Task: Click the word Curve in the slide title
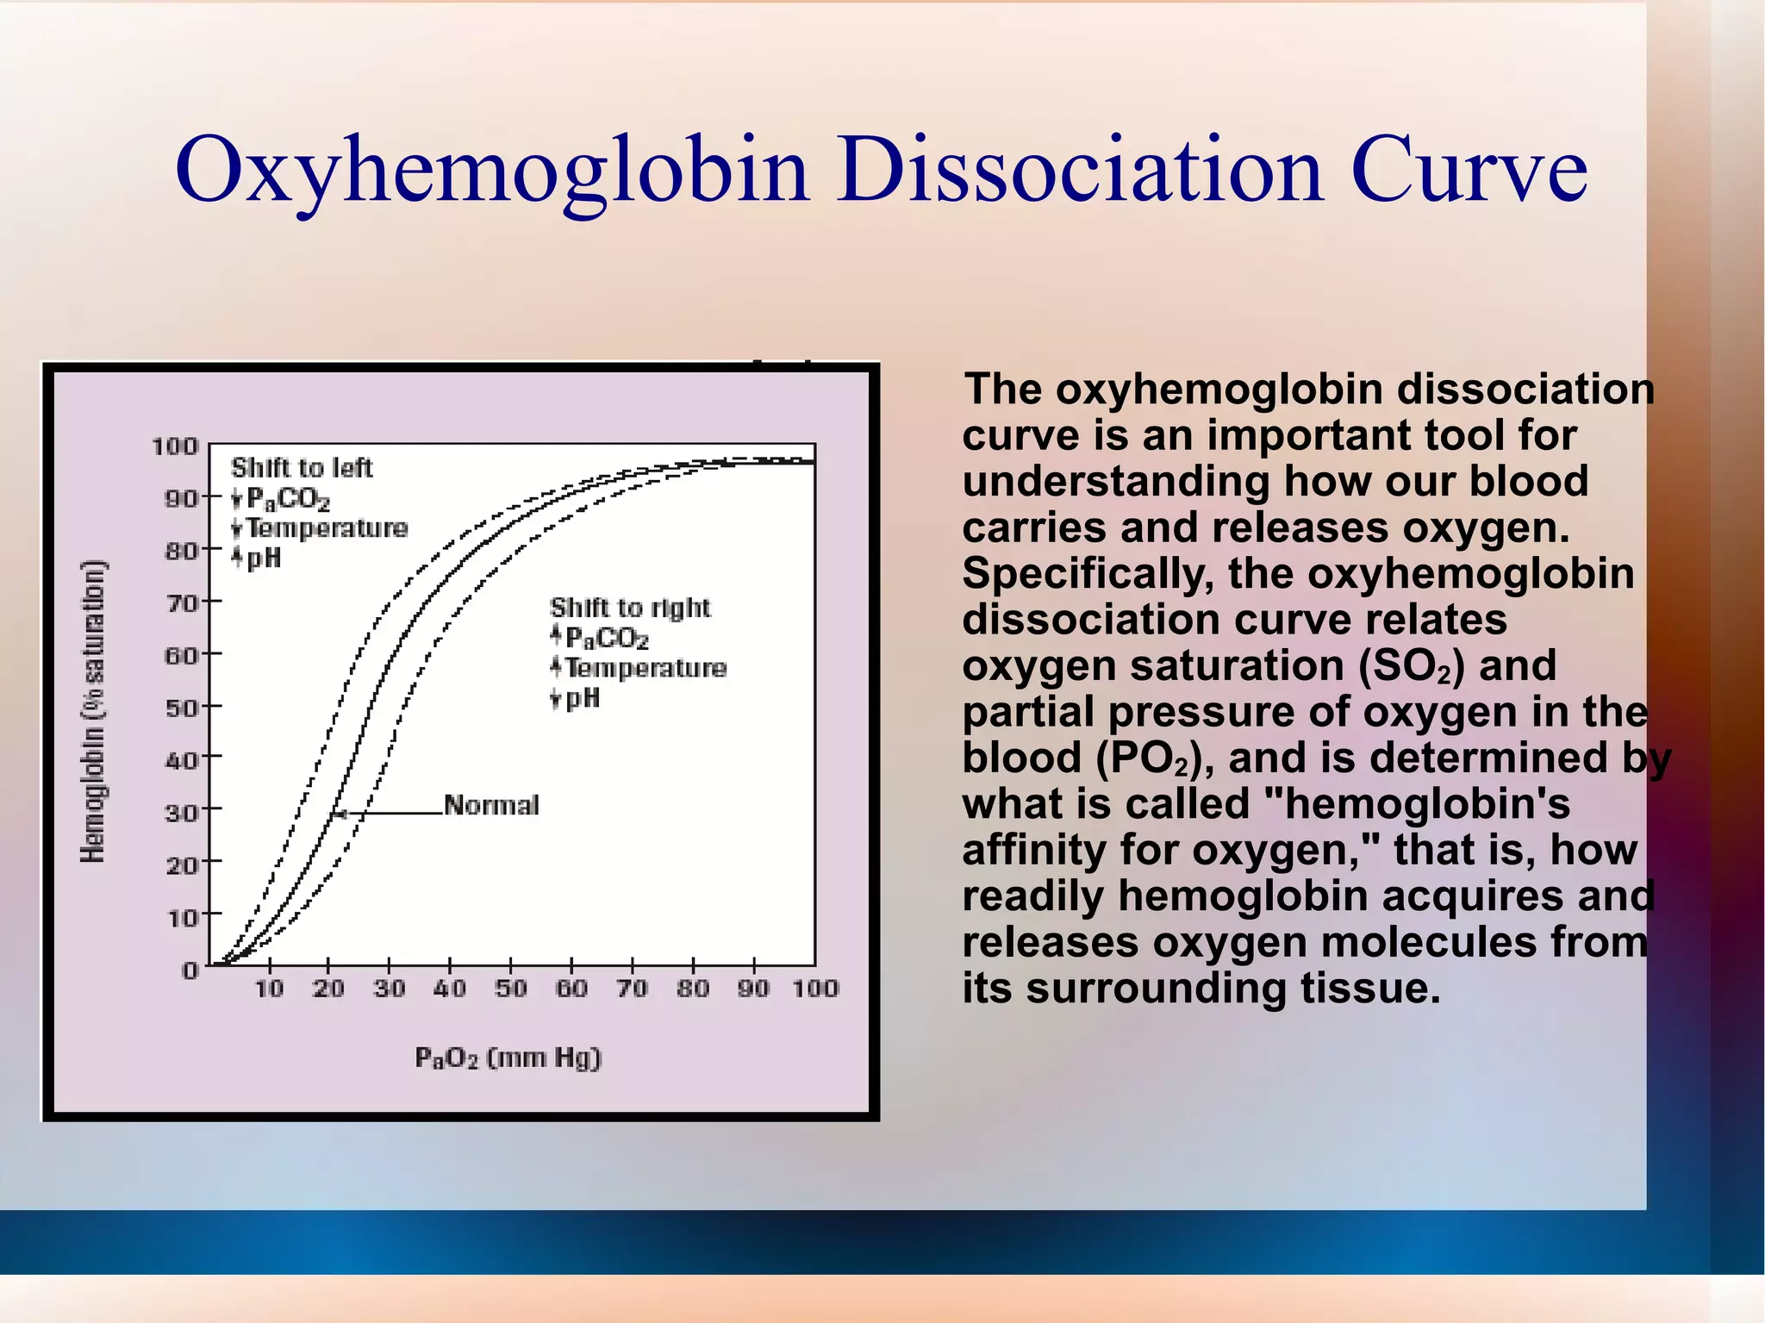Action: click(x=1469, y=170)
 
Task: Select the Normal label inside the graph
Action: click(x=491, y=805)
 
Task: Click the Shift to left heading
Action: click(x=302, y=468)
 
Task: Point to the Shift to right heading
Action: click(x=630, y=608)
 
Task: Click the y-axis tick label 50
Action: click(x=181, y=708)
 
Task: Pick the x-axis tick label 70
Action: click(x=632, y=989)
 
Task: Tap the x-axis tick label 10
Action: click(x=269, y=989)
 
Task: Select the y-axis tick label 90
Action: click(x=181, y=498)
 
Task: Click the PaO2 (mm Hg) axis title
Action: click(x=508, y=1058)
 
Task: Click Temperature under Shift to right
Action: click(x=646, y=668)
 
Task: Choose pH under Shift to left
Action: click(x=264, y=559)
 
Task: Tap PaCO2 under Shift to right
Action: click(x=607, y=638)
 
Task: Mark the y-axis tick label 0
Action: click(x=190, y=970)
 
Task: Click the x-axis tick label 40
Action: click(x=450, y=989)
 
